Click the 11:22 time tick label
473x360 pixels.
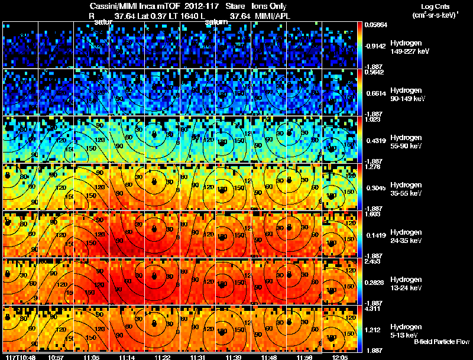tap(162, 356)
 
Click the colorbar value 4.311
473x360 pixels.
tap(372, 308)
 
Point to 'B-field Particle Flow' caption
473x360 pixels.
tap(441, 342)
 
